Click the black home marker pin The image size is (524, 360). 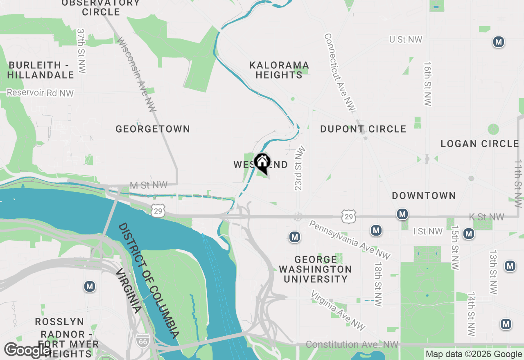tap(262, 162)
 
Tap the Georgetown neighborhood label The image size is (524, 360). tap(153, 129)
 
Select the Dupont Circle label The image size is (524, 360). tap(363, 129)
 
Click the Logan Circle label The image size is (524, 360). tap(479, 144)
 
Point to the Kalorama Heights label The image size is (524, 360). tap(279, 70)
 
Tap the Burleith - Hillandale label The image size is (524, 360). tap(41, 70)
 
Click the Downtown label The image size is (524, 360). tap(424, 196)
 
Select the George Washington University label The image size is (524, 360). tap(315, 269)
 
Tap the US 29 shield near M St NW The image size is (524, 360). tap(158, 211)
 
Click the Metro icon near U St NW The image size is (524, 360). tap(498, 42)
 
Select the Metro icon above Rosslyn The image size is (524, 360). tap(90, 286)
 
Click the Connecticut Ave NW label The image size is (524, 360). tap(340, 72)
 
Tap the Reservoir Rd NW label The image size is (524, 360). tap(40, 93)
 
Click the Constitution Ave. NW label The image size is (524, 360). tap(352, 345)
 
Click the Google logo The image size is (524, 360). tap(27, 351)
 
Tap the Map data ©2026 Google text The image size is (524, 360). tap(474, 354)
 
